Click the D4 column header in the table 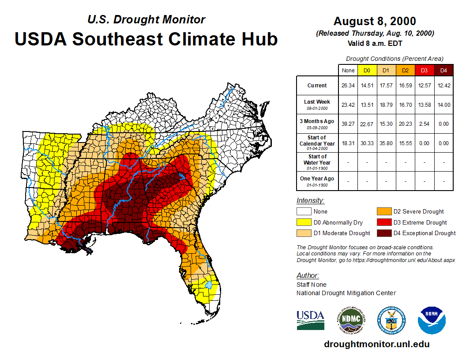[x=443, y=70]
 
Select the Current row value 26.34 [x=348, y=86]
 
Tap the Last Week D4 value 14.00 [x=443, y=105]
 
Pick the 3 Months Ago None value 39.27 [x=348, y=124]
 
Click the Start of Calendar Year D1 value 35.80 [x=386, y=143]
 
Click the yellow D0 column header [x=367, y=70]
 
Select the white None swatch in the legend [x=304, y=212]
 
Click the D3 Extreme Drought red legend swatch [x=383, y=222]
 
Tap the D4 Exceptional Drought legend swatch [x=383, y=233]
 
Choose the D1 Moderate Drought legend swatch [x=304, y=233]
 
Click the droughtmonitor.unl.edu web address [x=376, y=344]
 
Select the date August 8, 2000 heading [x=374, y=21]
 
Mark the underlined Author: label [x=308, y=276]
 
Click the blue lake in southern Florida [x=210, y=286]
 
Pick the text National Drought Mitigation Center [x=346, y=293]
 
